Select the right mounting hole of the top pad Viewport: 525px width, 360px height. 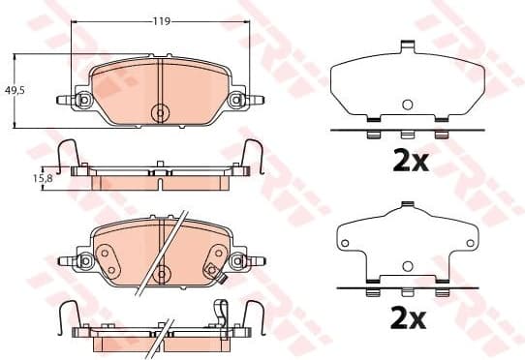click(235, 100)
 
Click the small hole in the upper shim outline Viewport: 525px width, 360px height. click(408, 105)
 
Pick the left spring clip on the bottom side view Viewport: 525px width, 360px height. click(68, 315)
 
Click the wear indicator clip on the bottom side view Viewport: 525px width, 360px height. click(222, 314)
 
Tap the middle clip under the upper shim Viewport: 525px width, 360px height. click(408, 134)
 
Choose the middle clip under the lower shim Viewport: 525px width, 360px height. click(408, 290)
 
